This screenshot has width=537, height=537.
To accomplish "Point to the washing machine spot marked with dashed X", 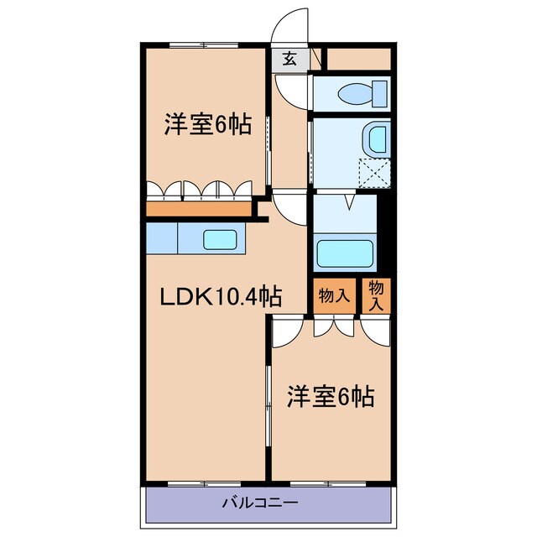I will (374, 172).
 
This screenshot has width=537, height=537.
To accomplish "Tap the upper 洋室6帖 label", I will (206, 125).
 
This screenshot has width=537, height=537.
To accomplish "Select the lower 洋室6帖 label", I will (331, 394).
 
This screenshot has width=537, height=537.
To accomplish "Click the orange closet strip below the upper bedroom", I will (199, 208).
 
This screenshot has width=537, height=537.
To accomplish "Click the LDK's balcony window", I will (201, 484).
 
